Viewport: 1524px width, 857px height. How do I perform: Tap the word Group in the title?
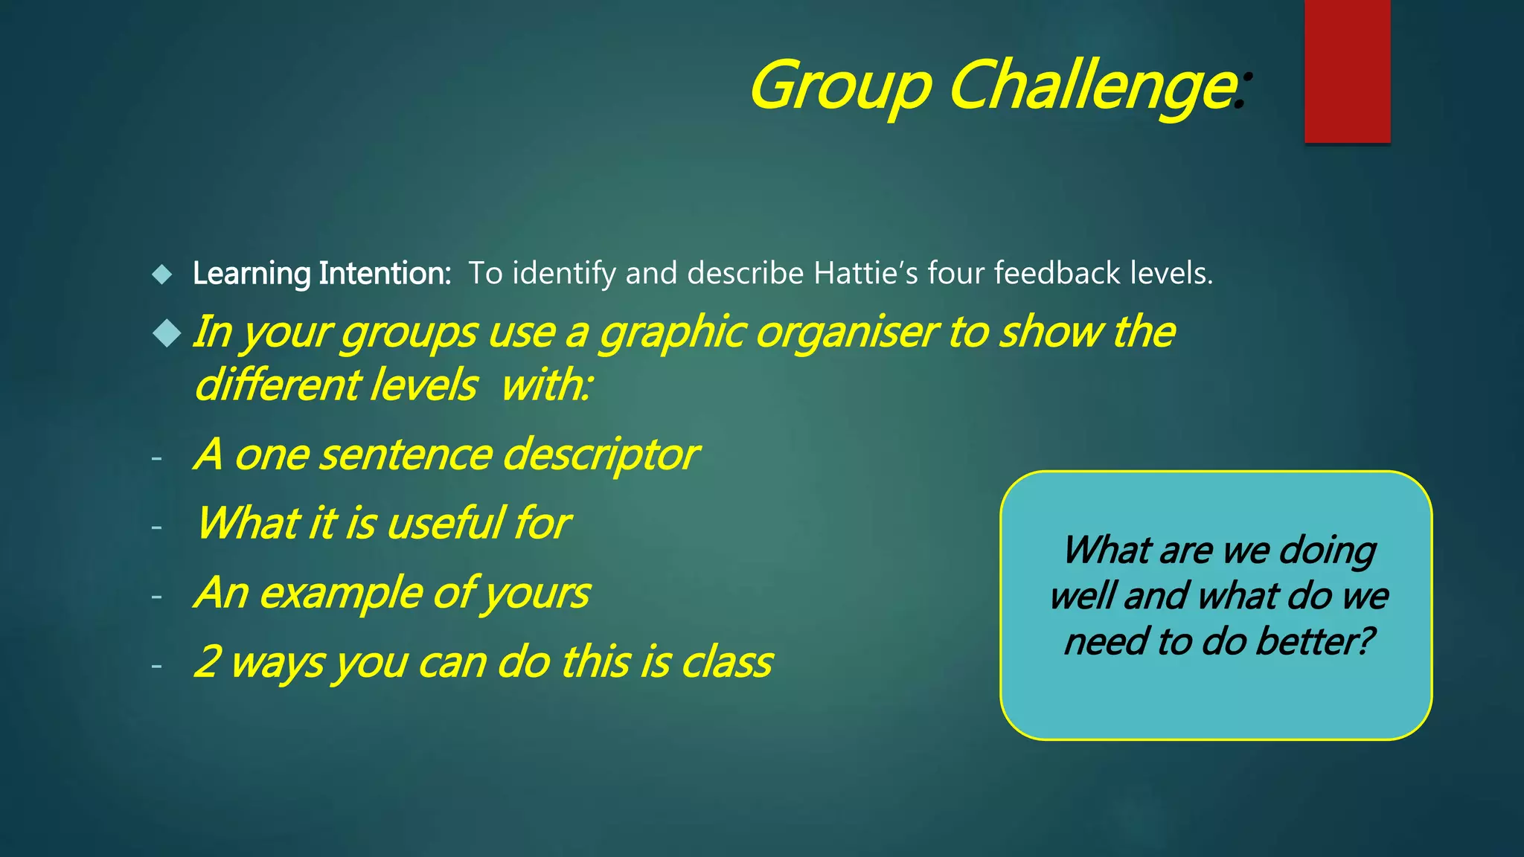[x=840, y=88]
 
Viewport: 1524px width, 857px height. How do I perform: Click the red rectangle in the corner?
[x=1347, y=71]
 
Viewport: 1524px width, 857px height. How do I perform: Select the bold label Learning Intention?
[x=321, y=274]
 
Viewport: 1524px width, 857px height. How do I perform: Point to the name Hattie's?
[x=866, y=273]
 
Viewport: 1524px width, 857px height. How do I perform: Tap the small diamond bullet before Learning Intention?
[x=161, y=275]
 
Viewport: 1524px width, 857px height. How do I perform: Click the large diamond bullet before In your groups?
[x=167, y=333]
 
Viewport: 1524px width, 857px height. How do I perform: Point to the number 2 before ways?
[x=206, y=661]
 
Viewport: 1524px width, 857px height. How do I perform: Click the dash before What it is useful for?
[x=156, y=527]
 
